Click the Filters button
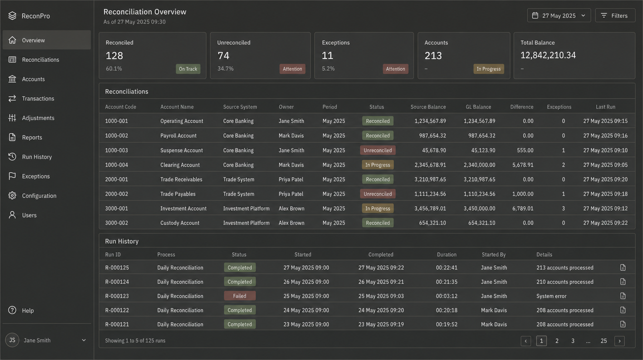click(x=615, y=15)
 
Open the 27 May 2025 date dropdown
click(x=559, y=15)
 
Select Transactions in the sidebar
click(x=38, y=99)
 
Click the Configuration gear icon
click(x=12, y=196)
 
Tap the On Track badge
click(x=188, y=69)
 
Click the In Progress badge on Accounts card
click(x=488, y=69)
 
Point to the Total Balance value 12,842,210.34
click(x=548, y=55)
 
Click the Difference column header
click(x=521, y=107)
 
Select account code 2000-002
click(x=117, y=194)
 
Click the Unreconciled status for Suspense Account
click(x=377, y=150)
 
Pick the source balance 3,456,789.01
click(x=430, y=209)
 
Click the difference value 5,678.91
click(x=523, y=165)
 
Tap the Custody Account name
click(x=180, y=223)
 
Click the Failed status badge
click(x=240, y=296)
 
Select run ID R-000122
click(x=117, y=310)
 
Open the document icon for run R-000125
click(x=622, y=268)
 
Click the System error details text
click(x=551, y=296)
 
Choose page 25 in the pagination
click(x=603, y=341)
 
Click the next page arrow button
click(x=620, y=341)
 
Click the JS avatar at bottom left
click(x=12, y=340)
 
